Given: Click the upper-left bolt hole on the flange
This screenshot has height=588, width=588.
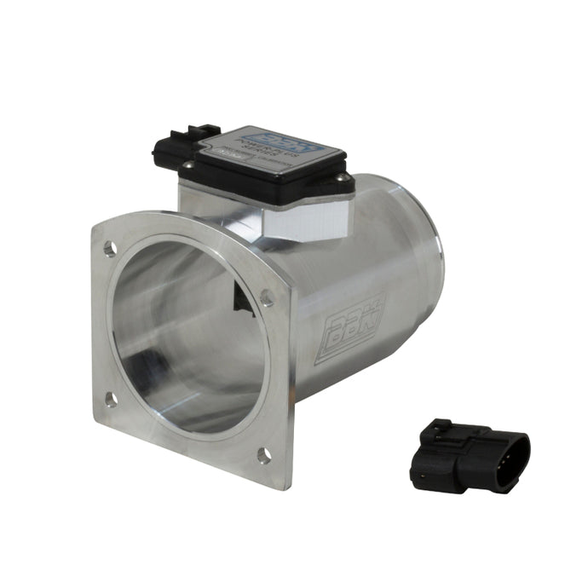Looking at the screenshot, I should click(110, 248).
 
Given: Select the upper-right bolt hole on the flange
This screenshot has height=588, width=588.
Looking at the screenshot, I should click(266, 298).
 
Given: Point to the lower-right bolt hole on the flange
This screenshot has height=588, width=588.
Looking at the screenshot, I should click(264, 455).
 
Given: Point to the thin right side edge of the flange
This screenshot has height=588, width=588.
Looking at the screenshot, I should click(291, 383).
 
